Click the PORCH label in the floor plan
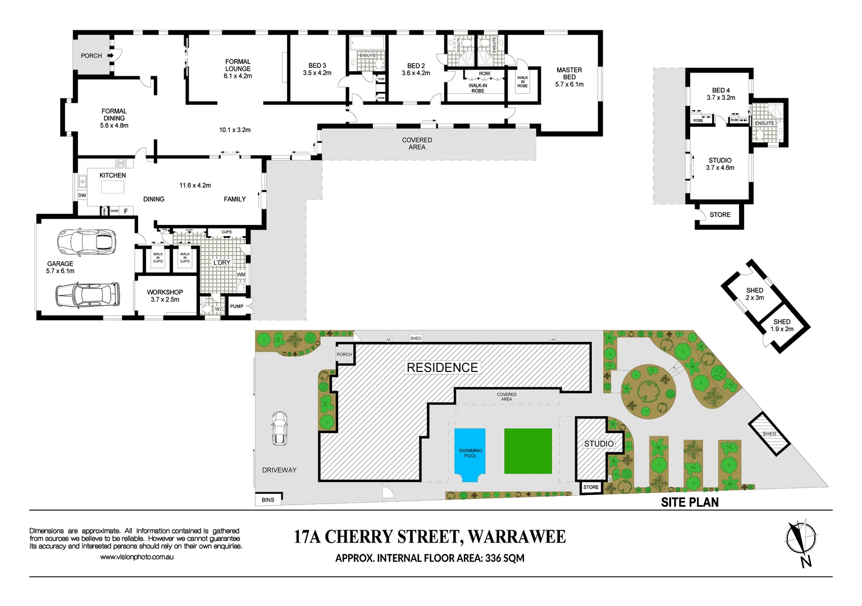click(91, 56)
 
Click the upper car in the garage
click(86, 241)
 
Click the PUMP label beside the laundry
click(236, 306)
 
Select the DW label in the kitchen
click(82, 195)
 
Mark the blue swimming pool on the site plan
click(469, 454)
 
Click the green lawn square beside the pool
click(528, 451)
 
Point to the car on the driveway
click(279, 428)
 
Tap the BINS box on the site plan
click(268, 500)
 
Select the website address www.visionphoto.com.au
click(136, 557)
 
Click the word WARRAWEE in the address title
click(516, 537)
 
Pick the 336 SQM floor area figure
click(505, 558)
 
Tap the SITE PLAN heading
click(690, 502)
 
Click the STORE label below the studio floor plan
click(719, 215)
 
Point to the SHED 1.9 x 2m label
click(782, 325)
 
